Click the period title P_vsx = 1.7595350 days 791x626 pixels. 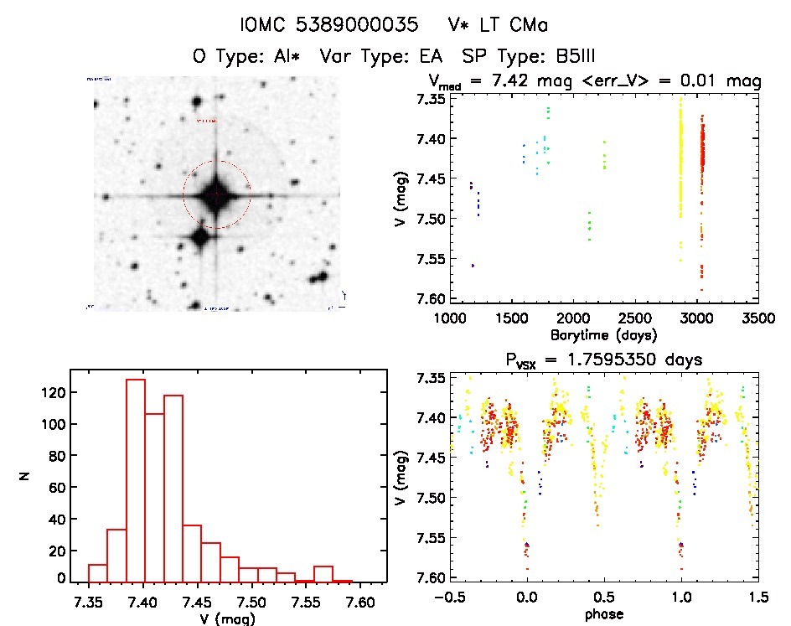(602, 360)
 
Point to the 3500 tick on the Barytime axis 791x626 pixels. (739, 318)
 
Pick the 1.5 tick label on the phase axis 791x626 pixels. (757, 597)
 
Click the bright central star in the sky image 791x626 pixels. (216, 194)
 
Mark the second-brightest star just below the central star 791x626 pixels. (199, 237)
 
